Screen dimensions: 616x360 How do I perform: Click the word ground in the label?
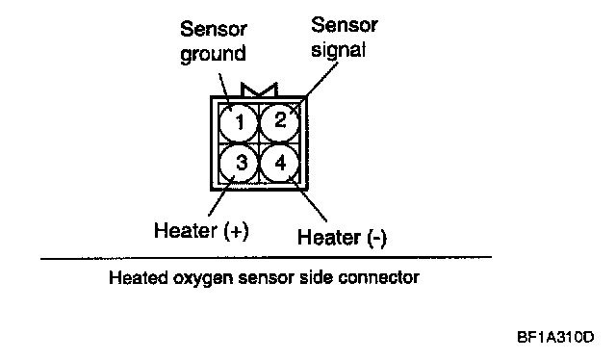[213, 54]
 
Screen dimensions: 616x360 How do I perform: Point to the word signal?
[338, 50]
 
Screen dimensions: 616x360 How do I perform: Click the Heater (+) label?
[201, 230]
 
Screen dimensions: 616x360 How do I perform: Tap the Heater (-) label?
[342, 238]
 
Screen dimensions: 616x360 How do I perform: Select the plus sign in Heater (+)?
[236, 231]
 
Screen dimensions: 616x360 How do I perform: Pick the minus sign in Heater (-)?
[376, 239]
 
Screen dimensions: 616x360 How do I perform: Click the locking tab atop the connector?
[259, 90]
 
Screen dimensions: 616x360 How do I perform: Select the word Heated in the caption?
[139, 277]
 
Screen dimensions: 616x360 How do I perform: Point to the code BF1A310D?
[555, 337]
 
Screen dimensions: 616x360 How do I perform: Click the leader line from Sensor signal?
[315, 88]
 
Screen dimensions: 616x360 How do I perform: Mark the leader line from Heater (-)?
[308, 199]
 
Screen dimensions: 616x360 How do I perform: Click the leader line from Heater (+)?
[221, 195]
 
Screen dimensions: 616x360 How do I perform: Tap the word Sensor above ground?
[214, 29]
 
